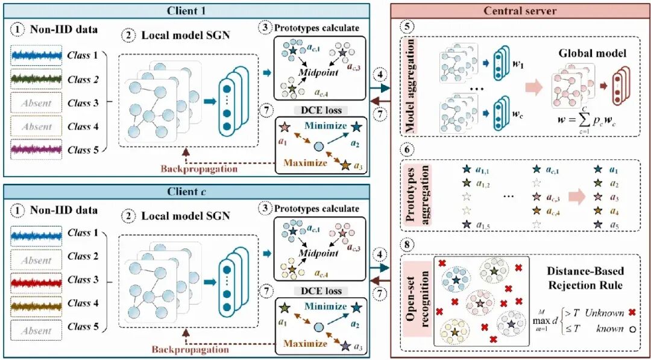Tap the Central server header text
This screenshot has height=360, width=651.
pyautogui.click(x=520, y=11)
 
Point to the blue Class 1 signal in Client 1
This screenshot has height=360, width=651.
pyautogui.click(x=36, y=55)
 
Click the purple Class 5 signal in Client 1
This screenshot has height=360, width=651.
pyautogui.click(x=36, y=148)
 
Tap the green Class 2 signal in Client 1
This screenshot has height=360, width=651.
pyautogui.click(x=36, y=79)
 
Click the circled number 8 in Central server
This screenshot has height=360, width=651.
pyautogui.click(x=407, y=244)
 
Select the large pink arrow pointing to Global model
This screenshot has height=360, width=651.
pyautogui.click(x=535, y=87)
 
